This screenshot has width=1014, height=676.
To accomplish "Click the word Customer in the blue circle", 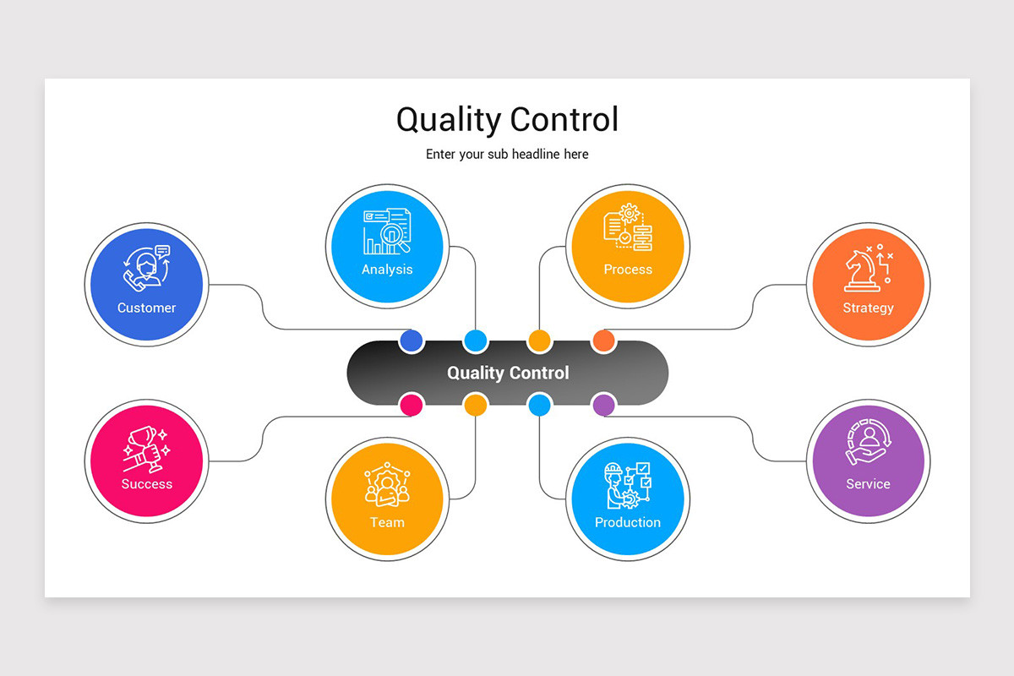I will coord(146,308).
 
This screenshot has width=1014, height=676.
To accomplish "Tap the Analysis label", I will coord(387,270).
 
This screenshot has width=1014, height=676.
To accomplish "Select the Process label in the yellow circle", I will coord(628,270).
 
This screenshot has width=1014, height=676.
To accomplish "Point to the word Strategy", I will coord(868,308).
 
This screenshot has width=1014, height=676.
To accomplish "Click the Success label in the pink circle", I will coord(146,484).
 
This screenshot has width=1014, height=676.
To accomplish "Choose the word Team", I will coord(387,522).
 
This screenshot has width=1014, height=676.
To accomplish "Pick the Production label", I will coord(628,522).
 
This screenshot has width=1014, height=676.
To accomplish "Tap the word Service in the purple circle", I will coord(868,484).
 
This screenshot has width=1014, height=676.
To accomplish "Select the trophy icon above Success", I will coord(145,446).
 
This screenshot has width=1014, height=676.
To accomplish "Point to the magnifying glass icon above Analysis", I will coord(394,237).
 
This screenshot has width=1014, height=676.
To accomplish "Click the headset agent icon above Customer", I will coord(146,269).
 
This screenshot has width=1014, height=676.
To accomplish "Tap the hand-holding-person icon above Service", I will coord(867,444).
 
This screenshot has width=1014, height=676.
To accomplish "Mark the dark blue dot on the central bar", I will coord(411,341).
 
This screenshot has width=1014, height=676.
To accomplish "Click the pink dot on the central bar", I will coord(411,405).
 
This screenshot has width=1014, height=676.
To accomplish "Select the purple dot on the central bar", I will coord(603,405).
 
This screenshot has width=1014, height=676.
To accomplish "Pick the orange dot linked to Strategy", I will coord(603,341).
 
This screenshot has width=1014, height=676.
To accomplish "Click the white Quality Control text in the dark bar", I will coord(508,373).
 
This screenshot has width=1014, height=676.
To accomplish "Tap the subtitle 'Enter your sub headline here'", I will coord(507,154).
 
